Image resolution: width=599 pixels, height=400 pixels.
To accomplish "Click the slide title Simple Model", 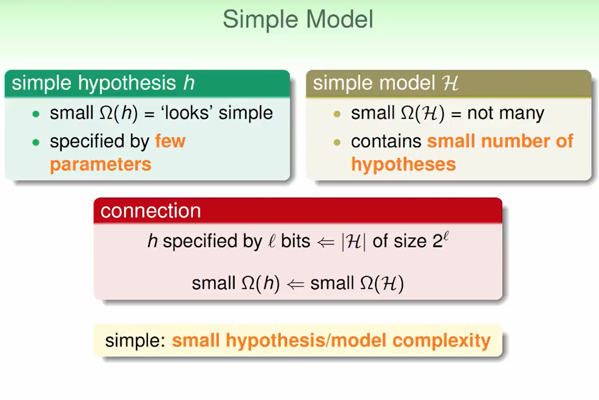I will click(x=298, y=20).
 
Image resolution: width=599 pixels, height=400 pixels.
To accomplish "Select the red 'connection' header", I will click(x=151, y=211).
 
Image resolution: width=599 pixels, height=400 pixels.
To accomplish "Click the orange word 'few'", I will click(x=170, y=141).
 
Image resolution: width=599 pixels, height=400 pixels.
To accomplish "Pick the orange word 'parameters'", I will click(x=100, y=164).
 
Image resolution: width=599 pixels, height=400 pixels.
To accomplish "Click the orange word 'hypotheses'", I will click(x=403, y=164).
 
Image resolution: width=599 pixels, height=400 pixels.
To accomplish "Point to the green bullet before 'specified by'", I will click(x=36, y=142).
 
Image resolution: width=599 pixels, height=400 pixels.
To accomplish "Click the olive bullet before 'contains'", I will click(x=337, y=142).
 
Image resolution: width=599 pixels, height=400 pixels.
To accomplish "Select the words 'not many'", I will click(x=506, y=113).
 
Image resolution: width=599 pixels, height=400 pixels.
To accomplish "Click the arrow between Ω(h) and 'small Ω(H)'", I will click(x=295, y=284).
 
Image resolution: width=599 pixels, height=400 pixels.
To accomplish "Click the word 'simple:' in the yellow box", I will click(x=135, y=341).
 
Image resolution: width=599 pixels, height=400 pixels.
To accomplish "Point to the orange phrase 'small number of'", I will click(x=500, y=141).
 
